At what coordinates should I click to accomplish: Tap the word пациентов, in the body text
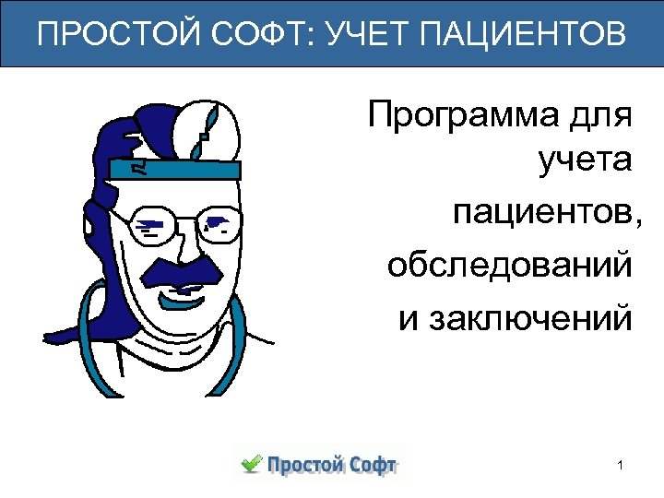pyautogui.click(x=544, y=216)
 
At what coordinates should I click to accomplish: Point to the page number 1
pyautogui.click(x=622, y=465)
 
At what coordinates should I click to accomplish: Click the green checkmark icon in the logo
pyautogui.click(x=250, y=463)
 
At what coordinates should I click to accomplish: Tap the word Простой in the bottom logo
pyautogui.click(x=303, y=465)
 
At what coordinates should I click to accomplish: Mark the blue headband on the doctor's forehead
pyautogui.click(x=175, y=169)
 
